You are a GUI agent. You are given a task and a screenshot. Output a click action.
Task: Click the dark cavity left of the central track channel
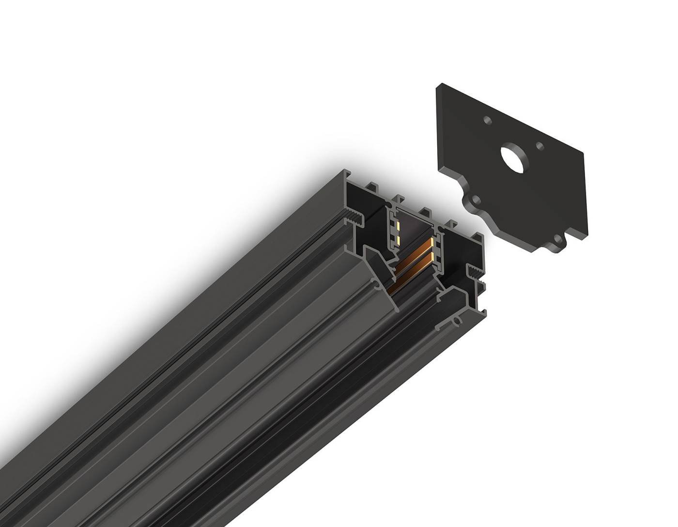tap(368, 203)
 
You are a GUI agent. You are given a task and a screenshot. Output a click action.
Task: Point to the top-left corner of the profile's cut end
tap(344, 171)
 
